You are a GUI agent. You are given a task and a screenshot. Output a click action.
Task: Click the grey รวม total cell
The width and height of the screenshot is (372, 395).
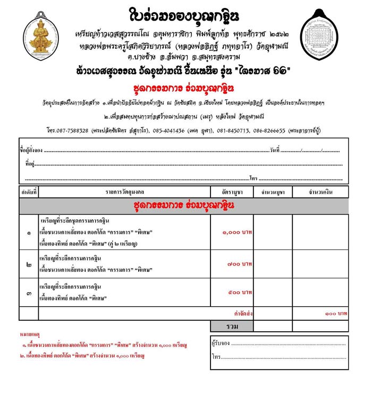pos(232,325)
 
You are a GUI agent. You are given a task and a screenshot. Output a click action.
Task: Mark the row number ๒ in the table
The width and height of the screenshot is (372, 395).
pos(28,264)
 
